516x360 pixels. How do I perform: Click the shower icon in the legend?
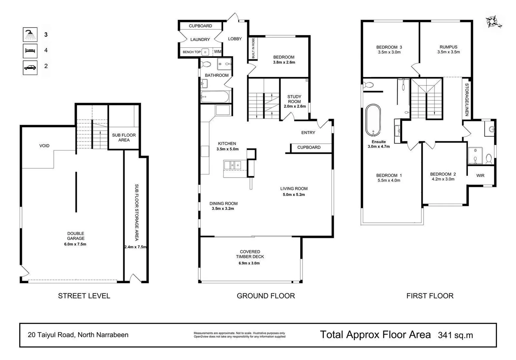coord(30,34)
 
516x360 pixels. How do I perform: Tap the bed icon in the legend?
coord(30,51)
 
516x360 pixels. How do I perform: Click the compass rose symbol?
coord(493,22)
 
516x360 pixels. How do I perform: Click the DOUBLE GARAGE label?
coord(76,236)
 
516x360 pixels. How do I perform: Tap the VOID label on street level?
coord(44,146)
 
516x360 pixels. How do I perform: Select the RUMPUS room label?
coord(448,47)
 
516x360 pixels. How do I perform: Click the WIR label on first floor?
coord(480,176)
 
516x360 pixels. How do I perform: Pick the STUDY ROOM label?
coord(294,99)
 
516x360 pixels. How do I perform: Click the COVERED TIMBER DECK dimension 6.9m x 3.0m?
coord(249,263)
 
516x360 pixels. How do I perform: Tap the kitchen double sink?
coord(233,165)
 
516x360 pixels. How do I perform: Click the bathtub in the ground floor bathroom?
coord(215,97)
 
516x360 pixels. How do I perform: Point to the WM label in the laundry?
coord(217,52)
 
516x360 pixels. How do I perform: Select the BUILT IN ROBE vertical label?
coord(253,49)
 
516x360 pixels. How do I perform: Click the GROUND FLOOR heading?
coord(266,296)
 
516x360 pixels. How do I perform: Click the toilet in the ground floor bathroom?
coord(206,64)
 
